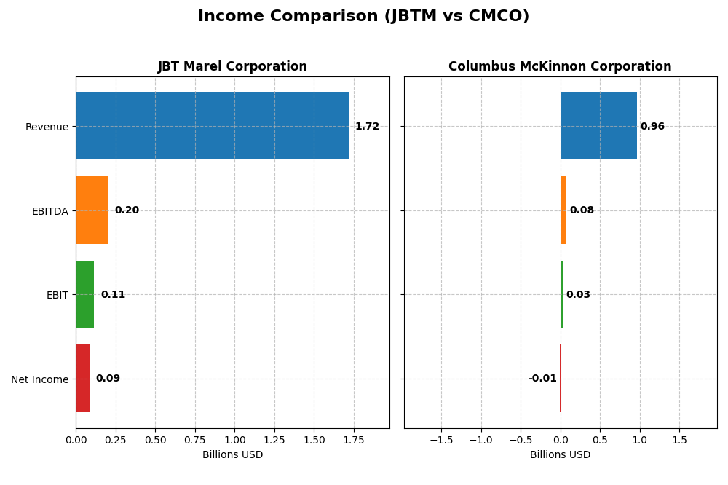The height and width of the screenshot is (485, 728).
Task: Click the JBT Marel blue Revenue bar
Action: click(x=212, y=126)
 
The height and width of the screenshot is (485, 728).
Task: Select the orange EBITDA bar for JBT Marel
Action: click(x=92, y=210)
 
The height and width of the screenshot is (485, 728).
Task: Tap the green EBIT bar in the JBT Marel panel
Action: click(x=84, y=294)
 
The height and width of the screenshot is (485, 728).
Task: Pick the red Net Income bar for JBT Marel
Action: click(x=82, y=379)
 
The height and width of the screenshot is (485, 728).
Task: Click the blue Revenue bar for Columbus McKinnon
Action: click(x=598, y=126)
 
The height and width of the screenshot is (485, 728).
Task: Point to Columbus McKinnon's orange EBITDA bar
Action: click(x=563, y=210)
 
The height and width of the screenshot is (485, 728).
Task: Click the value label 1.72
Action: click(x=367, y=127)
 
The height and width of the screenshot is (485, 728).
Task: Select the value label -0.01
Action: click(x=542, y=379)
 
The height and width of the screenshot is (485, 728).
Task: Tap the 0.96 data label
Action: click(x=652, y=127)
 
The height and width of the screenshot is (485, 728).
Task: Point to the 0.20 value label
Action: click(x=127, y=210)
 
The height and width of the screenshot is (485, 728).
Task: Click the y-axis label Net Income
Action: click(x=39, y=379)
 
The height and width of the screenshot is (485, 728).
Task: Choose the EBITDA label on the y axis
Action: click(x=50, y=211)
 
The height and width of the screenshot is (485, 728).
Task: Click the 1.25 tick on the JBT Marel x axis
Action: click(x=274, y=441)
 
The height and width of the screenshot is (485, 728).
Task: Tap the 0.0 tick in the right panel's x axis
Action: click(x=560, y=441)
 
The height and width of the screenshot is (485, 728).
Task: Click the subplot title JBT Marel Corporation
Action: click(x=232, y=67)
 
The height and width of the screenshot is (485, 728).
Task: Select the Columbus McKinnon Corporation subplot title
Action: click(x=560, y=67)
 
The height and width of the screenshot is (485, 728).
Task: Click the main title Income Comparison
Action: click(x=363, y=17)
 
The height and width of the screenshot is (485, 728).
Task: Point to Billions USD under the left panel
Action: click(x=232, y=455)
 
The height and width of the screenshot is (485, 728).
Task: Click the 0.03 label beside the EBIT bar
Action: click(x=578, y=295)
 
